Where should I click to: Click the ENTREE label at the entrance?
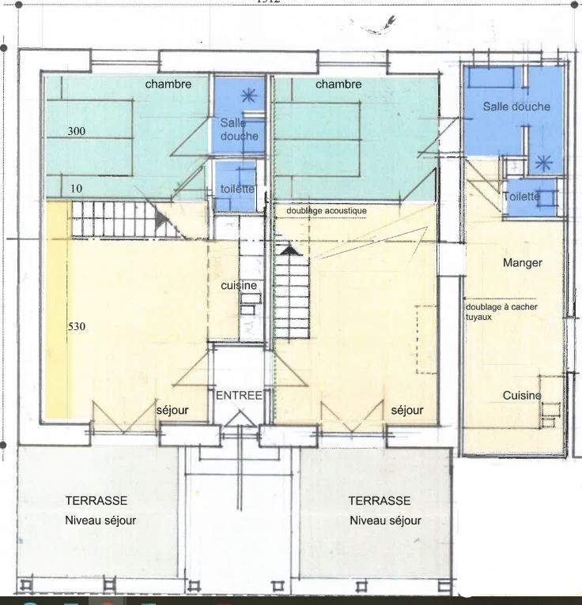coord(239,395)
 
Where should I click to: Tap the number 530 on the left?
coord(76,325)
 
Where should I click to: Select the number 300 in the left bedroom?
coord(76,130)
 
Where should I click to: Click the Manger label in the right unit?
coord(523,262)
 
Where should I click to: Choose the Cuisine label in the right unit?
coord(522,395)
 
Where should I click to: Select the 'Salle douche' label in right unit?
coord(516,106)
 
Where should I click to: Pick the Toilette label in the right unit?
coord(521,196)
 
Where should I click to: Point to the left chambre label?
coord(168,84)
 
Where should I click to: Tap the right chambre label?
coord(338,84)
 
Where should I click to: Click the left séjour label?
coord(172,411)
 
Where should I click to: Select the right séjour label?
coord(406,411)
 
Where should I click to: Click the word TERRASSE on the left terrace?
coord(96,501)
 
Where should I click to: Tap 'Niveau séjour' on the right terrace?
coord(385,520)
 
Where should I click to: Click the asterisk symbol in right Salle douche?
coord(543,163)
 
